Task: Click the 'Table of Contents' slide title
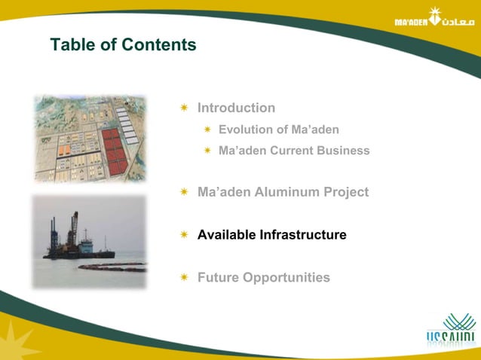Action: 123,45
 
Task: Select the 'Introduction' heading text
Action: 236,108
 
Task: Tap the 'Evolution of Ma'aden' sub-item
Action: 278,130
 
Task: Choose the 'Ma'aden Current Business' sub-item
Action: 294,151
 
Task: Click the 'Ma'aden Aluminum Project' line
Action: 283,192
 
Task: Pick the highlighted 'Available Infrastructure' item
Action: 271,235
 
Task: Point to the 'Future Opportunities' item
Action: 263,278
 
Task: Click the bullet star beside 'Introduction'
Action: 184,108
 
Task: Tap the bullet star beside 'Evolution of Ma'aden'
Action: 207,130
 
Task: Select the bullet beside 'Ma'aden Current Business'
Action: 207,151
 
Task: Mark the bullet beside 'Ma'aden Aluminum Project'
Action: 184,193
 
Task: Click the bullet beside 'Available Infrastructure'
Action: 184,236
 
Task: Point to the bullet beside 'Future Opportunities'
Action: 184,279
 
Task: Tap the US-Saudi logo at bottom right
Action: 449,331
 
